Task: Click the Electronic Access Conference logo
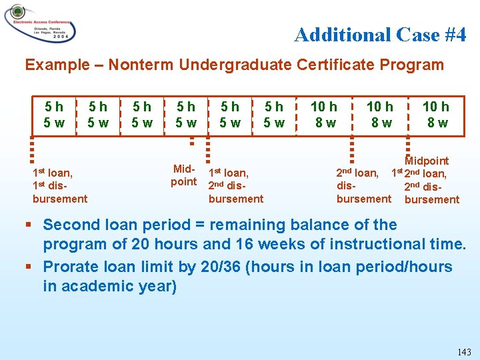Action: point(40,24)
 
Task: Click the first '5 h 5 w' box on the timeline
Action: point(54,115)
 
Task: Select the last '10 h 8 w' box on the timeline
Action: point(437,115)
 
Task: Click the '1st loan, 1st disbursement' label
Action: point(59,185)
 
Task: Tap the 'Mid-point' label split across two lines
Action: point(183,175)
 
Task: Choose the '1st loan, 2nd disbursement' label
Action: point(235,185)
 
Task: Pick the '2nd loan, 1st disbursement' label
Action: point(364,186)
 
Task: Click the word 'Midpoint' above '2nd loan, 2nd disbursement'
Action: point(427,161)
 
